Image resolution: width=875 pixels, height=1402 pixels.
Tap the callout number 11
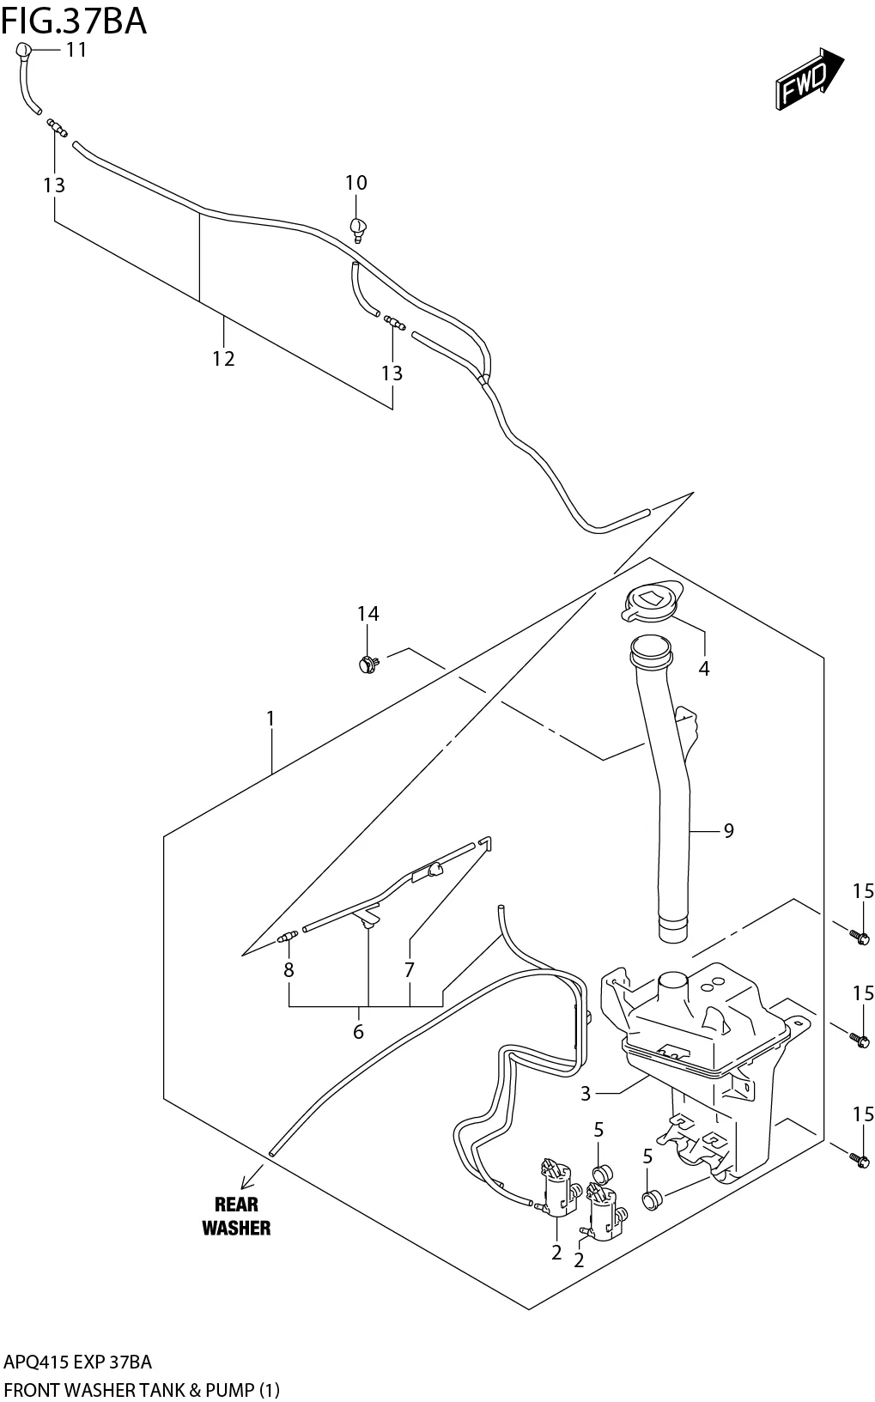(x=76, y=50)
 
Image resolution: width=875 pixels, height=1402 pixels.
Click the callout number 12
(x=223, y=359)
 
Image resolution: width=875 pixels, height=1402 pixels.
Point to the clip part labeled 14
(x=368, y=663)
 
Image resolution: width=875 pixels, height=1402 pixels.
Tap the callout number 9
(x=728, y=830)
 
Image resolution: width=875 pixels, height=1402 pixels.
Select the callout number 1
(x=270, y=718)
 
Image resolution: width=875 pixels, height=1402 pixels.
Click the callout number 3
(x=586, y=1093)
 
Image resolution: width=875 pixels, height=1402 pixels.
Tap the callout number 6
(x=358, y=1031)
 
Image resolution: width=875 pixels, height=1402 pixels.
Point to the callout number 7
(x=410, y=970)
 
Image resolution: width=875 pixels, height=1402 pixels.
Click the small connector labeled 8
(x=287, y=938)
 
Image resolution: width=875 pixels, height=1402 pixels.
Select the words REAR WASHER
(x=236, y=1216)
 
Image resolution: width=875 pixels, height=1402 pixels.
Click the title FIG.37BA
(x=74, y=21)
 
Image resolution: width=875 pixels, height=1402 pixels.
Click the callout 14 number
(x=368, y=613)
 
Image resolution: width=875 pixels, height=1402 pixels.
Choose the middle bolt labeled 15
(x=857, y=1039)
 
